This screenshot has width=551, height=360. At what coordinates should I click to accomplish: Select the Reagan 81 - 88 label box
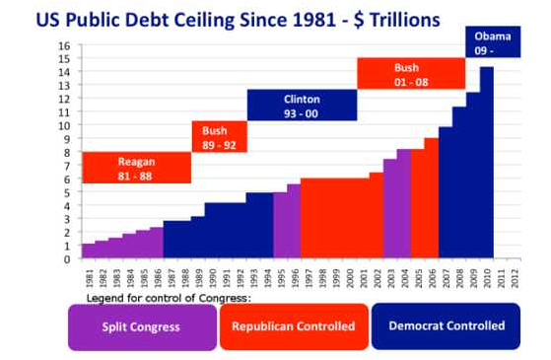(x=136, y=168)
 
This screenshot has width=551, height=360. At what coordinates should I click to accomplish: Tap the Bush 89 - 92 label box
(x=219, y=136)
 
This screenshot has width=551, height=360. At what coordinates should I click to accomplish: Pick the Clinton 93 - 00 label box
(x=302, y=105)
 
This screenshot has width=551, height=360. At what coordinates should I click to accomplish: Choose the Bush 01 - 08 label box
(x=410, y=73)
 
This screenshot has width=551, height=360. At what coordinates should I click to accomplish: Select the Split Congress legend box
(x=142, y=326)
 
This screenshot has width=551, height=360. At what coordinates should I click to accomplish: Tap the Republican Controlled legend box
(x=294, y=326)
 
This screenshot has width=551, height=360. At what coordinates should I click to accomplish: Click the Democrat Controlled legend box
(x=447, y=326)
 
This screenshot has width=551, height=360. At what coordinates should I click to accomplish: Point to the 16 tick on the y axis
(x=65, y=46)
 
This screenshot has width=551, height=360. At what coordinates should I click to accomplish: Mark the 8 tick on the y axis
(x=67, y=153)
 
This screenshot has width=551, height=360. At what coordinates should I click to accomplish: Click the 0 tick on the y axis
(x=67, y=259)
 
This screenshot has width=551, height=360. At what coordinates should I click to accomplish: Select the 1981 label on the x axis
(x=88, y=276)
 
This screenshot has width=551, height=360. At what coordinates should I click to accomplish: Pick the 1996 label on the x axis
(x=294, y=276)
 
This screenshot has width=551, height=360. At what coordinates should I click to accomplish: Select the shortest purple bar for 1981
(x=88, y=252)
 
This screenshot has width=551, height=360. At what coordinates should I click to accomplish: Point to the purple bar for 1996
(x=294, y=222)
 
